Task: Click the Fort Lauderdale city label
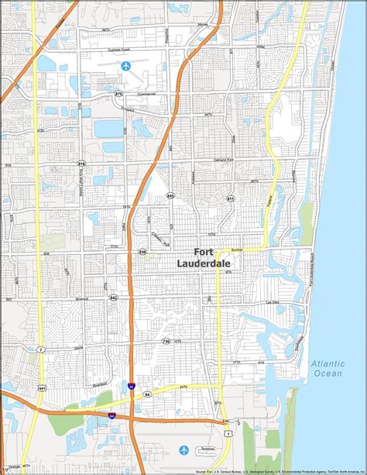pos(216,257)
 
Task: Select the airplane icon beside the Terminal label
pos(183,449)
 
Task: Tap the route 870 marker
pos(118,93)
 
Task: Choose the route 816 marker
pos(82,163)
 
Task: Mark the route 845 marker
pos(170,197)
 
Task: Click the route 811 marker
pos(230,199)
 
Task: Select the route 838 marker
pos(142,252)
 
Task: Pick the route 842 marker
pos(114,298)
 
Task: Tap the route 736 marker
pos(166,341)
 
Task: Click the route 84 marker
pos(147,394)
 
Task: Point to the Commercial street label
pos(146,94)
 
